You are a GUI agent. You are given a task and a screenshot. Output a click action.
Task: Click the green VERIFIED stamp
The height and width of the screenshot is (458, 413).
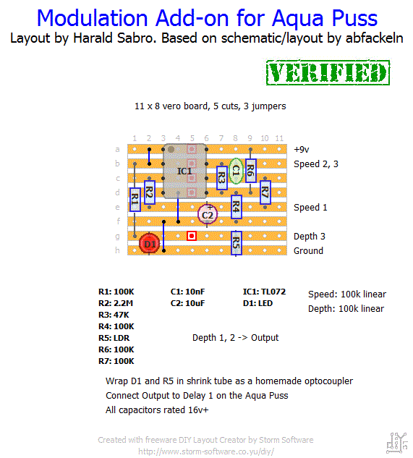[328, 73]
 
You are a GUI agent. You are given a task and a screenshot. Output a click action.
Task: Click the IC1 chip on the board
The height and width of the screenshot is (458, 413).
[184, 171]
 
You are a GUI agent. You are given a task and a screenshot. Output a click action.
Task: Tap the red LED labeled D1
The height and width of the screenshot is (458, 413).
[150, 244]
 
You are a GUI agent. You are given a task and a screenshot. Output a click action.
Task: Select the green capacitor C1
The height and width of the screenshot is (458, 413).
[236, 171]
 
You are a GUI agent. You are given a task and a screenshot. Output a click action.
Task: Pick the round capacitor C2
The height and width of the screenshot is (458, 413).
[208, 215]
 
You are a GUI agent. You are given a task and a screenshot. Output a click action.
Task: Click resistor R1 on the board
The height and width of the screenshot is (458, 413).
[135, 200]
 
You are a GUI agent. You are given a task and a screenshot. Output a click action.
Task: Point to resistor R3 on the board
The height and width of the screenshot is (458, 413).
[221, 178]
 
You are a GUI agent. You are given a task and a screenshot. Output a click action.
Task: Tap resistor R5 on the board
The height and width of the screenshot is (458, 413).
[236, 243]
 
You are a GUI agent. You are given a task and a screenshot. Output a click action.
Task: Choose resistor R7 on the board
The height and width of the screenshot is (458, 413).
[265, 192]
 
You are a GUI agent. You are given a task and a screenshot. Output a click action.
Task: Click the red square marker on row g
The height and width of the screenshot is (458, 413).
[192, 236]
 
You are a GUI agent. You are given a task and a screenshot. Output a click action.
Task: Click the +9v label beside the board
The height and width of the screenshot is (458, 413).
[302, 150]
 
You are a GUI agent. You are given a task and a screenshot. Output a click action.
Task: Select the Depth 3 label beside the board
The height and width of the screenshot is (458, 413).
[310, 237]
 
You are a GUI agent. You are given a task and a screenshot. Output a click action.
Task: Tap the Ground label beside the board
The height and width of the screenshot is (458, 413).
[308, 250]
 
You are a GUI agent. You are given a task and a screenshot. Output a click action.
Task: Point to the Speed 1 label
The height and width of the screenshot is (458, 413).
[310, 208]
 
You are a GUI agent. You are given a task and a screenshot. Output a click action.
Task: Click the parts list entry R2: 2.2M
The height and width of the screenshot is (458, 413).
[116, 303]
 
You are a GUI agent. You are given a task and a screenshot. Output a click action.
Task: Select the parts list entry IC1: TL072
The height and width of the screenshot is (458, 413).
[264, 292]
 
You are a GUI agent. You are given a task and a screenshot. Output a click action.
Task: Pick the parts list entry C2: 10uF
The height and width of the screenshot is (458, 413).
[187, 303]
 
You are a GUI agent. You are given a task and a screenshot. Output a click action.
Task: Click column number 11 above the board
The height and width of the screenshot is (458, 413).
[279, 138]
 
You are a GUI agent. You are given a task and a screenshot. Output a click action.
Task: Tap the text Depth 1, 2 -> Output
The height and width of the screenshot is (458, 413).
[235, 338]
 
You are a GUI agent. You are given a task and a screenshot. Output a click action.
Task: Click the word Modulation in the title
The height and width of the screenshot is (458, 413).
[93, 18]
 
